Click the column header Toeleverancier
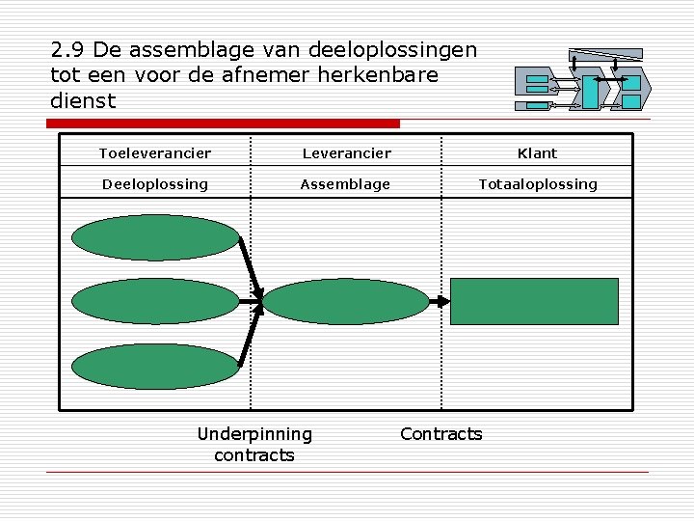[155, 153]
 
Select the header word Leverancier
[346, 153]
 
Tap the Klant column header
[537, 153]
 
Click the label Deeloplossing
[155, 184]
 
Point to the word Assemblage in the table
[345, 184]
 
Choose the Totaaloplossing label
[538, 184]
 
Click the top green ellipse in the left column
[155, 237]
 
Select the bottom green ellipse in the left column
[155, 367]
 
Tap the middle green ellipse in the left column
[155, 302]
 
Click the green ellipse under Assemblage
[345, 302]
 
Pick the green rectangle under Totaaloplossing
[535, 301]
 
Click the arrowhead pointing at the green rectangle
[443, 301]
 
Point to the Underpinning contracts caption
[254, 445]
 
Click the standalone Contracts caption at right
[440, 434]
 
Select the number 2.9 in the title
[67, 50]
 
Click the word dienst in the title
[82, 100]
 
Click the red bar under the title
[224, 123]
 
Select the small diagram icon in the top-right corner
[583, 79]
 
